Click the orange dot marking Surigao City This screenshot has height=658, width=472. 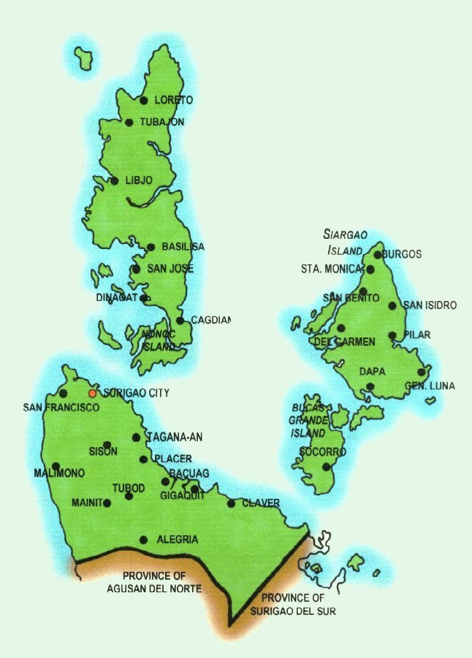pyautogui.click(x=92, y=393)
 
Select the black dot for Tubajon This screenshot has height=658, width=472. pyautogui.click(x=129, y=122)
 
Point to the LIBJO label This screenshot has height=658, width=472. pyautogui.click(x=138, y=180)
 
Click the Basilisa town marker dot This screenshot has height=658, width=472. pyautogui.click(x=151, y=247)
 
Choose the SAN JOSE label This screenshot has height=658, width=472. pyautogui.click(x=170, y=269)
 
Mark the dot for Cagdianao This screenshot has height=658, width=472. pyautogui.click(x=180, y=320)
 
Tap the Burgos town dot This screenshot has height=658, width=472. pyautogui.click(x=378, y=255)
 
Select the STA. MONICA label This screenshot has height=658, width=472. pyautogui.click(x=331, y=269)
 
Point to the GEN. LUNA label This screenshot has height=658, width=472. pyautogui.click(x=430, y=385)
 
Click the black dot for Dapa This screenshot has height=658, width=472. pyautogui.click(x=370, y=386)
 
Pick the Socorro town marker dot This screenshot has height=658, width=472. pyautogui.click(x=327, y=466)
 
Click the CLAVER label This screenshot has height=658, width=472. pyautogui.click(x=260, y=502)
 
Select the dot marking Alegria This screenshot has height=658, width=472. pyautogui.click(x=144, y=540)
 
